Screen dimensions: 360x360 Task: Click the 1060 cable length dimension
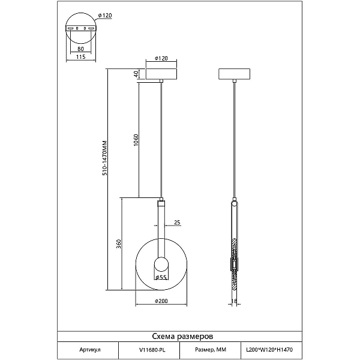(x=136, y=140)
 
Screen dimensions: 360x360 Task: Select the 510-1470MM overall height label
(x=104, y=158)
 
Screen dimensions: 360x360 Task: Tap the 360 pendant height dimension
(x=118, y=244)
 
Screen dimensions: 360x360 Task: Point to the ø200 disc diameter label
(x=161, y=301)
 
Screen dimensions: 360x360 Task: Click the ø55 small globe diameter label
(x=161, y=277)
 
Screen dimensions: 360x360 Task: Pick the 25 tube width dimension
(x=177, y=222)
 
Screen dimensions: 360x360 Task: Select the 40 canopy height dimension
(x=136, y=74)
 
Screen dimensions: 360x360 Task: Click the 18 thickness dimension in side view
(x=234, y=301)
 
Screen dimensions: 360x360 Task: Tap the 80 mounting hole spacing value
(x=80, y=49)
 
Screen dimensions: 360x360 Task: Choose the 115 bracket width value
(x=80, y=57)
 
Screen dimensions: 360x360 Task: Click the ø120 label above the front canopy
(x=161, y=58)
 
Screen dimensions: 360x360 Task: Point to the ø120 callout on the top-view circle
(x=105, y=16)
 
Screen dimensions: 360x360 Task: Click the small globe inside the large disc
(x=161, y=264)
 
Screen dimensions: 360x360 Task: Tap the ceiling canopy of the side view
(x=234, y=74)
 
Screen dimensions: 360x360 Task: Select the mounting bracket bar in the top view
(x=81, y=28)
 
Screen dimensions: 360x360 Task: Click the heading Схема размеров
(x=182, y=337)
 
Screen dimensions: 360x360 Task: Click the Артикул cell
(x=90, y=350)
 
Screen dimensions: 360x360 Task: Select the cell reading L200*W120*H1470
(x=269, y=350)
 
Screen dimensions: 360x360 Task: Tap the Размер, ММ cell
(x=211, y=350)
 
